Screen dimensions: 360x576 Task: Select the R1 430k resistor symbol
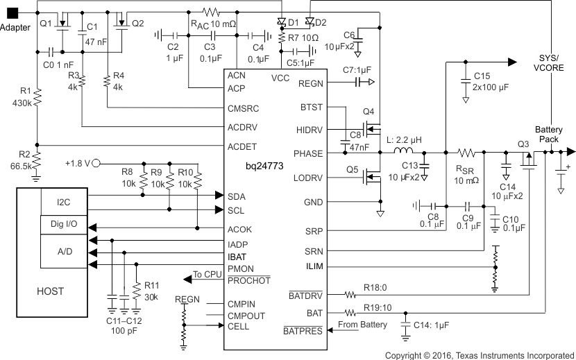point(37,96)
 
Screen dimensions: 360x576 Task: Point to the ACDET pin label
point(242,146)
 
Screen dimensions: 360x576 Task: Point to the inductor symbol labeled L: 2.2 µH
point(403,151)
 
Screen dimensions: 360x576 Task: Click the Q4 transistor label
point(368,111)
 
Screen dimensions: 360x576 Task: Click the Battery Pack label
point(548,135)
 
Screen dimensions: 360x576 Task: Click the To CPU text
point(208,275)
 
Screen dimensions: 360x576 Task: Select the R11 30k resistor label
point(150,290)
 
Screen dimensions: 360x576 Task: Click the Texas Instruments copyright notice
point(480,354)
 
